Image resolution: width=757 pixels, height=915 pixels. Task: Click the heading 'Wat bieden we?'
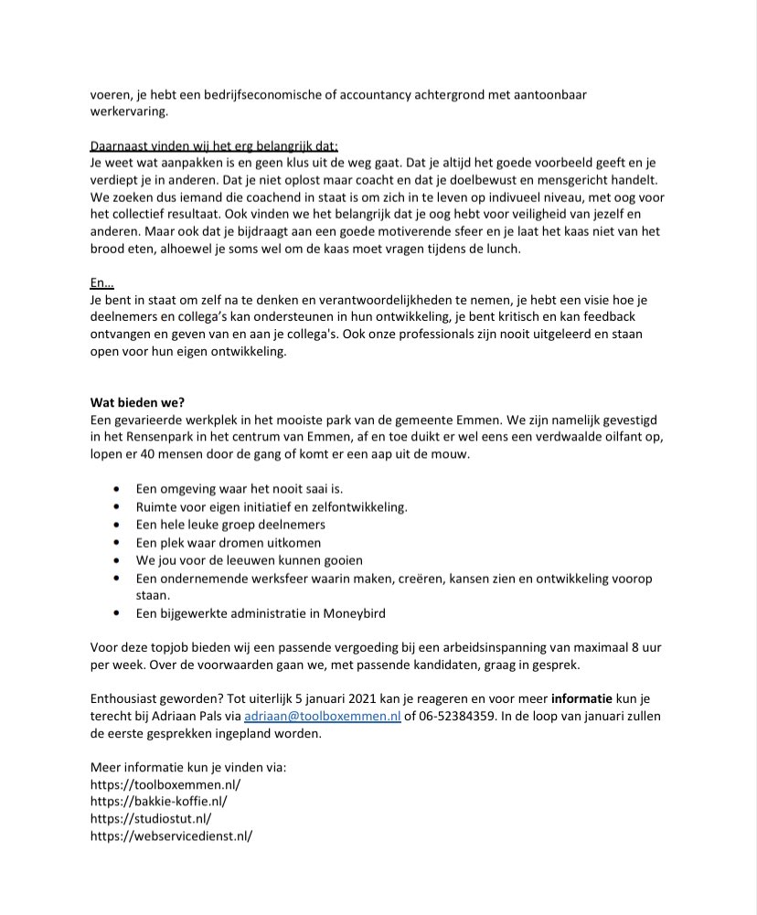pyautogui.click(x=135, y=403)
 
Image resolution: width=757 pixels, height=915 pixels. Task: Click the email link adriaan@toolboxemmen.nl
pyautogui.click(x=323, y=717)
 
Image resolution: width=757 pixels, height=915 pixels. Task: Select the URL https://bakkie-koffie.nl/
pyautogui.click(x=159, y=801)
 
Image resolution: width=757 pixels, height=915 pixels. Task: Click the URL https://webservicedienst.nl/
pyautogui.click(x=171, y=835)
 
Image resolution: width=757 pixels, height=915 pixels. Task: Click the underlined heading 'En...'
pyautogui.click(x=101, y=284)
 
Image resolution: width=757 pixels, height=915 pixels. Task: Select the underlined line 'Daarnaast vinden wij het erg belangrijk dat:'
pyautogui.click(x=215, y=146)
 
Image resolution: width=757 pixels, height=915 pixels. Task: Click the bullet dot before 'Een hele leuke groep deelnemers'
pyautogui.click(x=115, y=525)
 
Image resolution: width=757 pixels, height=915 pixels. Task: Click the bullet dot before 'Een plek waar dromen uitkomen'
pyautogui.click(x=115, y=543)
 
